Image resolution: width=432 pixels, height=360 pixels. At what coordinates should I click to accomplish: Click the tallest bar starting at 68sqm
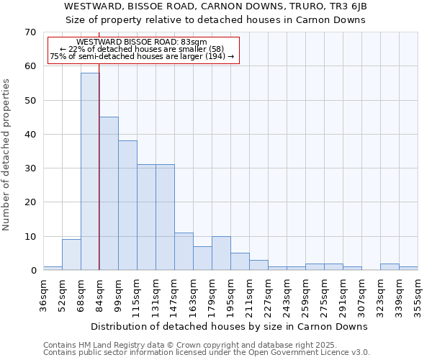pos(90,171)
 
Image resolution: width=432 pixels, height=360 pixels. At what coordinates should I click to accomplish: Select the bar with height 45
pos(109,194)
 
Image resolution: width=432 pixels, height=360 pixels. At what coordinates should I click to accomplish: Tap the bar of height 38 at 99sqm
pos(127,205)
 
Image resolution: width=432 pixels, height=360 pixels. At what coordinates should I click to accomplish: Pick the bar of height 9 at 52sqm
pos(71,255)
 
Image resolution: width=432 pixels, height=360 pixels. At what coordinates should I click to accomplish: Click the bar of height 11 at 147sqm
pos(184,251)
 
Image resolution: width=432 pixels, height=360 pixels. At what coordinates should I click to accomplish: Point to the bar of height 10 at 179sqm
pos(221,253)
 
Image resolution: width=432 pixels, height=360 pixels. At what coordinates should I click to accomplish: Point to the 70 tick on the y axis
pos(30,32)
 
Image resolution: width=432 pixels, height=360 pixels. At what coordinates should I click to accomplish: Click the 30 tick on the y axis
pos(30,168)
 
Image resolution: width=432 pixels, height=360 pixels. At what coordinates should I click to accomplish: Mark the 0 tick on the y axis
pos(32,271)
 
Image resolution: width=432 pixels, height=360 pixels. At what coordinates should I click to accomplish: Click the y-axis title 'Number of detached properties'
pos(7,155)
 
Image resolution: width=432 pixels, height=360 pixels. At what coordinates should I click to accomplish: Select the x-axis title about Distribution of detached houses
pos(230,326)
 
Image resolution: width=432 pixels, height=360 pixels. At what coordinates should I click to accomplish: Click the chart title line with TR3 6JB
pos(216,6)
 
